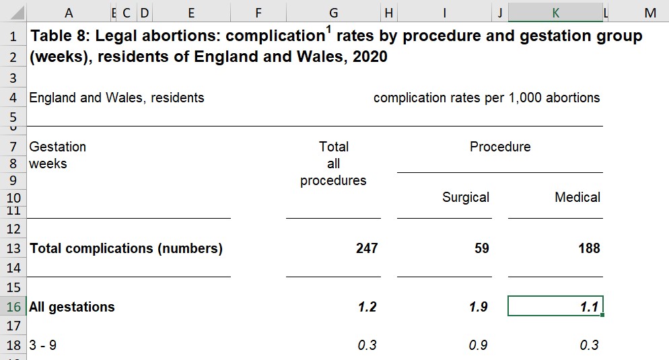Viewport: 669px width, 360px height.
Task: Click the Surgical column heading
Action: coord(465,197)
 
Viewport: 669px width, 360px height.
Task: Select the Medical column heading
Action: coord(577,197)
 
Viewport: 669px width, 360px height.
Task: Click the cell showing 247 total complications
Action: coord(366,248)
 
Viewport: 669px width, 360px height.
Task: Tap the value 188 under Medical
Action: coord(588,248)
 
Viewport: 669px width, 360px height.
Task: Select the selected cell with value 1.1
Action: coord(555,307)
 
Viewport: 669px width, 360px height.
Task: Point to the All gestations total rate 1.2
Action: coord(367,307)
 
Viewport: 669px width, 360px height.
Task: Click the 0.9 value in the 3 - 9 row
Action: coord(479,345)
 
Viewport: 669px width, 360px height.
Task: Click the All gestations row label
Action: coord(72,307)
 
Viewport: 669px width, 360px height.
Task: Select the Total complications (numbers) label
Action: coord(126,248)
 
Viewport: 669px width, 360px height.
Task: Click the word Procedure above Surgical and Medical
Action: coord(499,147)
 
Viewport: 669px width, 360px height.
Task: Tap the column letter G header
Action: coord(333,13)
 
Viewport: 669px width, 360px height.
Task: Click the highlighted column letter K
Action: coord(555,13)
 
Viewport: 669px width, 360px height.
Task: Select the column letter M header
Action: coord(649,13)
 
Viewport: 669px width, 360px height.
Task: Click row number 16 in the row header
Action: coord(13,307)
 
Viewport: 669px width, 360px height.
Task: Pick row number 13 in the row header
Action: coord(13,248)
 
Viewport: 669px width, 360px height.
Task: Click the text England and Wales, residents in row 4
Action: coord(116,98)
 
